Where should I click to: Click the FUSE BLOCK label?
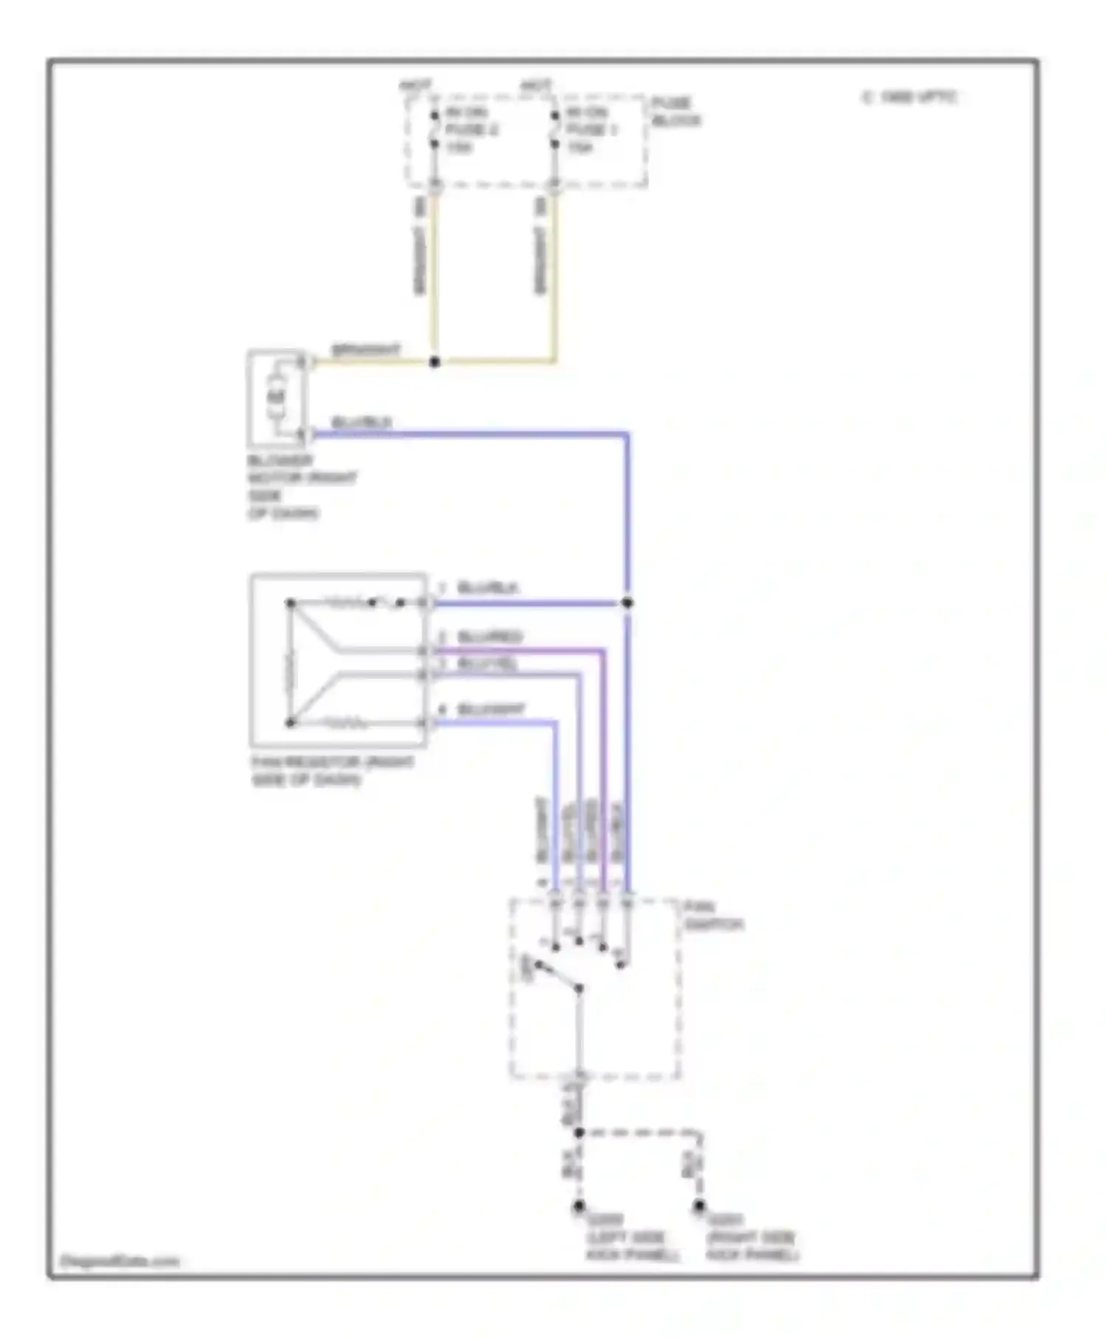coord(675,111)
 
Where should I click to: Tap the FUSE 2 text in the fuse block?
coord(473,130)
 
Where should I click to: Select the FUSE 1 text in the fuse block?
coord(592,130)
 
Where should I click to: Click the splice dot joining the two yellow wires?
coord(434,361)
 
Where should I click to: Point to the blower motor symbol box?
coord(276,398)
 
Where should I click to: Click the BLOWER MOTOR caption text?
coord(302,487)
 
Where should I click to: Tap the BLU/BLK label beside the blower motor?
coord(361,422)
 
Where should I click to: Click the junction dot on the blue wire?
coord(627,603)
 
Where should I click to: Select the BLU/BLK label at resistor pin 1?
coord(488,588)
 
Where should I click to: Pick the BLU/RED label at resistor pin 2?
coord(490,636)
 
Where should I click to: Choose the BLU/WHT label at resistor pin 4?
coord(491,710)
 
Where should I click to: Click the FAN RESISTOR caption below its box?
coord(332,770)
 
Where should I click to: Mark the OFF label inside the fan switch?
coord(526,968)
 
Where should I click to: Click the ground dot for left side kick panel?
coord(579,1207)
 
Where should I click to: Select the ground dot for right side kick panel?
coord(698,1207)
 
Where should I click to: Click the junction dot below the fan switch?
coord(579,1132)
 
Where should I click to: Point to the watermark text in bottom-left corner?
coord(119,1261)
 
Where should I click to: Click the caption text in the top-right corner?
coord(910,97)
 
